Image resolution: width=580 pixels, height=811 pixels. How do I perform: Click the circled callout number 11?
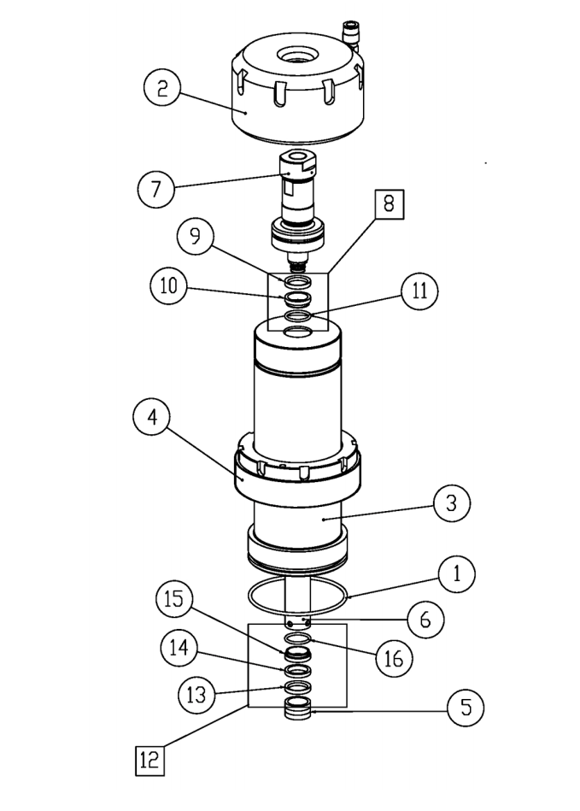pos(417,291)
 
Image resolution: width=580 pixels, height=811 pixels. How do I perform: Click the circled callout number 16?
pos(394,658)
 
